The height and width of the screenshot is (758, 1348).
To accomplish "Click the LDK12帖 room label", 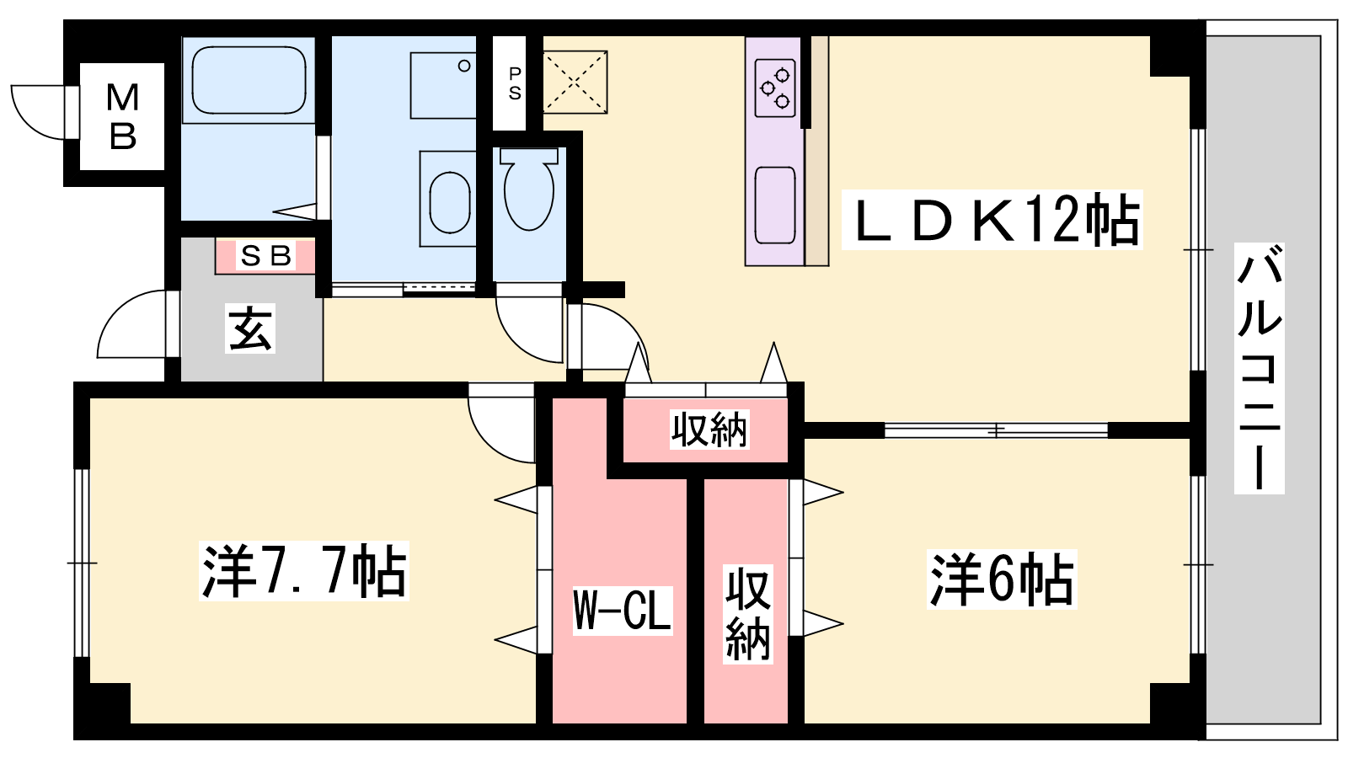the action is (992, 220).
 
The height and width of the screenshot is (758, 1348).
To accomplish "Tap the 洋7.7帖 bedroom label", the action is (304, 571).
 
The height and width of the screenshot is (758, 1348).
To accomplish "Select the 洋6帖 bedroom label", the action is (1002, 579).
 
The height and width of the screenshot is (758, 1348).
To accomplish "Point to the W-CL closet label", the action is (623, 610).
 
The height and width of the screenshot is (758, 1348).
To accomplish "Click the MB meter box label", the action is (123, 117).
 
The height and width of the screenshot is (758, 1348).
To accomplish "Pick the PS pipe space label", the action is (515, 83).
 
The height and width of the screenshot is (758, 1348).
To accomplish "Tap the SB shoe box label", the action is (265, 256).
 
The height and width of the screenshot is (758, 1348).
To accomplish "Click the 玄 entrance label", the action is (250, 328).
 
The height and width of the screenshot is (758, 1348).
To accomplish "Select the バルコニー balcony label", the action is (1259, 368).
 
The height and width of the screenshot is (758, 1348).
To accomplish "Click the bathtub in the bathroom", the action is (249, 80).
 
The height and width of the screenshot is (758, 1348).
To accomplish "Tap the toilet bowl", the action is (529, 189).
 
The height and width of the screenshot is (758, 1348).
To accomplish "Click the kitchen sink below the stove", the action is (775, 206).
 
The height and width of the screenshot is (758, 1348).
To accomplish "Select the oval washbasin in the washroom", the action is (450, 202).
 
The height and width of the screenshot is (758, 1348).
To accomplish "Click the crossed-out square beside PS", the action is (575, 82).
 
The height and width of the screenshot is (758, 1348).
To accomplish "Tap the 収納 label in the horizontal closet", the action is (709, 430).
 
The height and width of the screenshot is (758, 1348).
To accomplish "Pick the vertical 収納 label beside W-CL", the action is (747, 614).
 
